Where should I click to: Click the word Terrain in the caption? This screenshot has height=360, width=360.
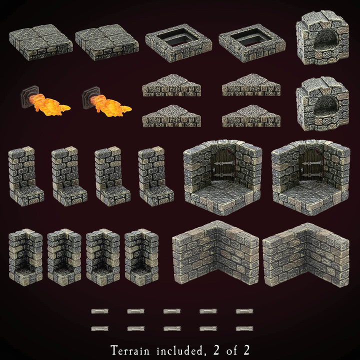(131, 348)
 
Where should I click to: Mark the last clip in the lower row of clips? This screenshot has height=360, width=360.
(244, 328)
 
